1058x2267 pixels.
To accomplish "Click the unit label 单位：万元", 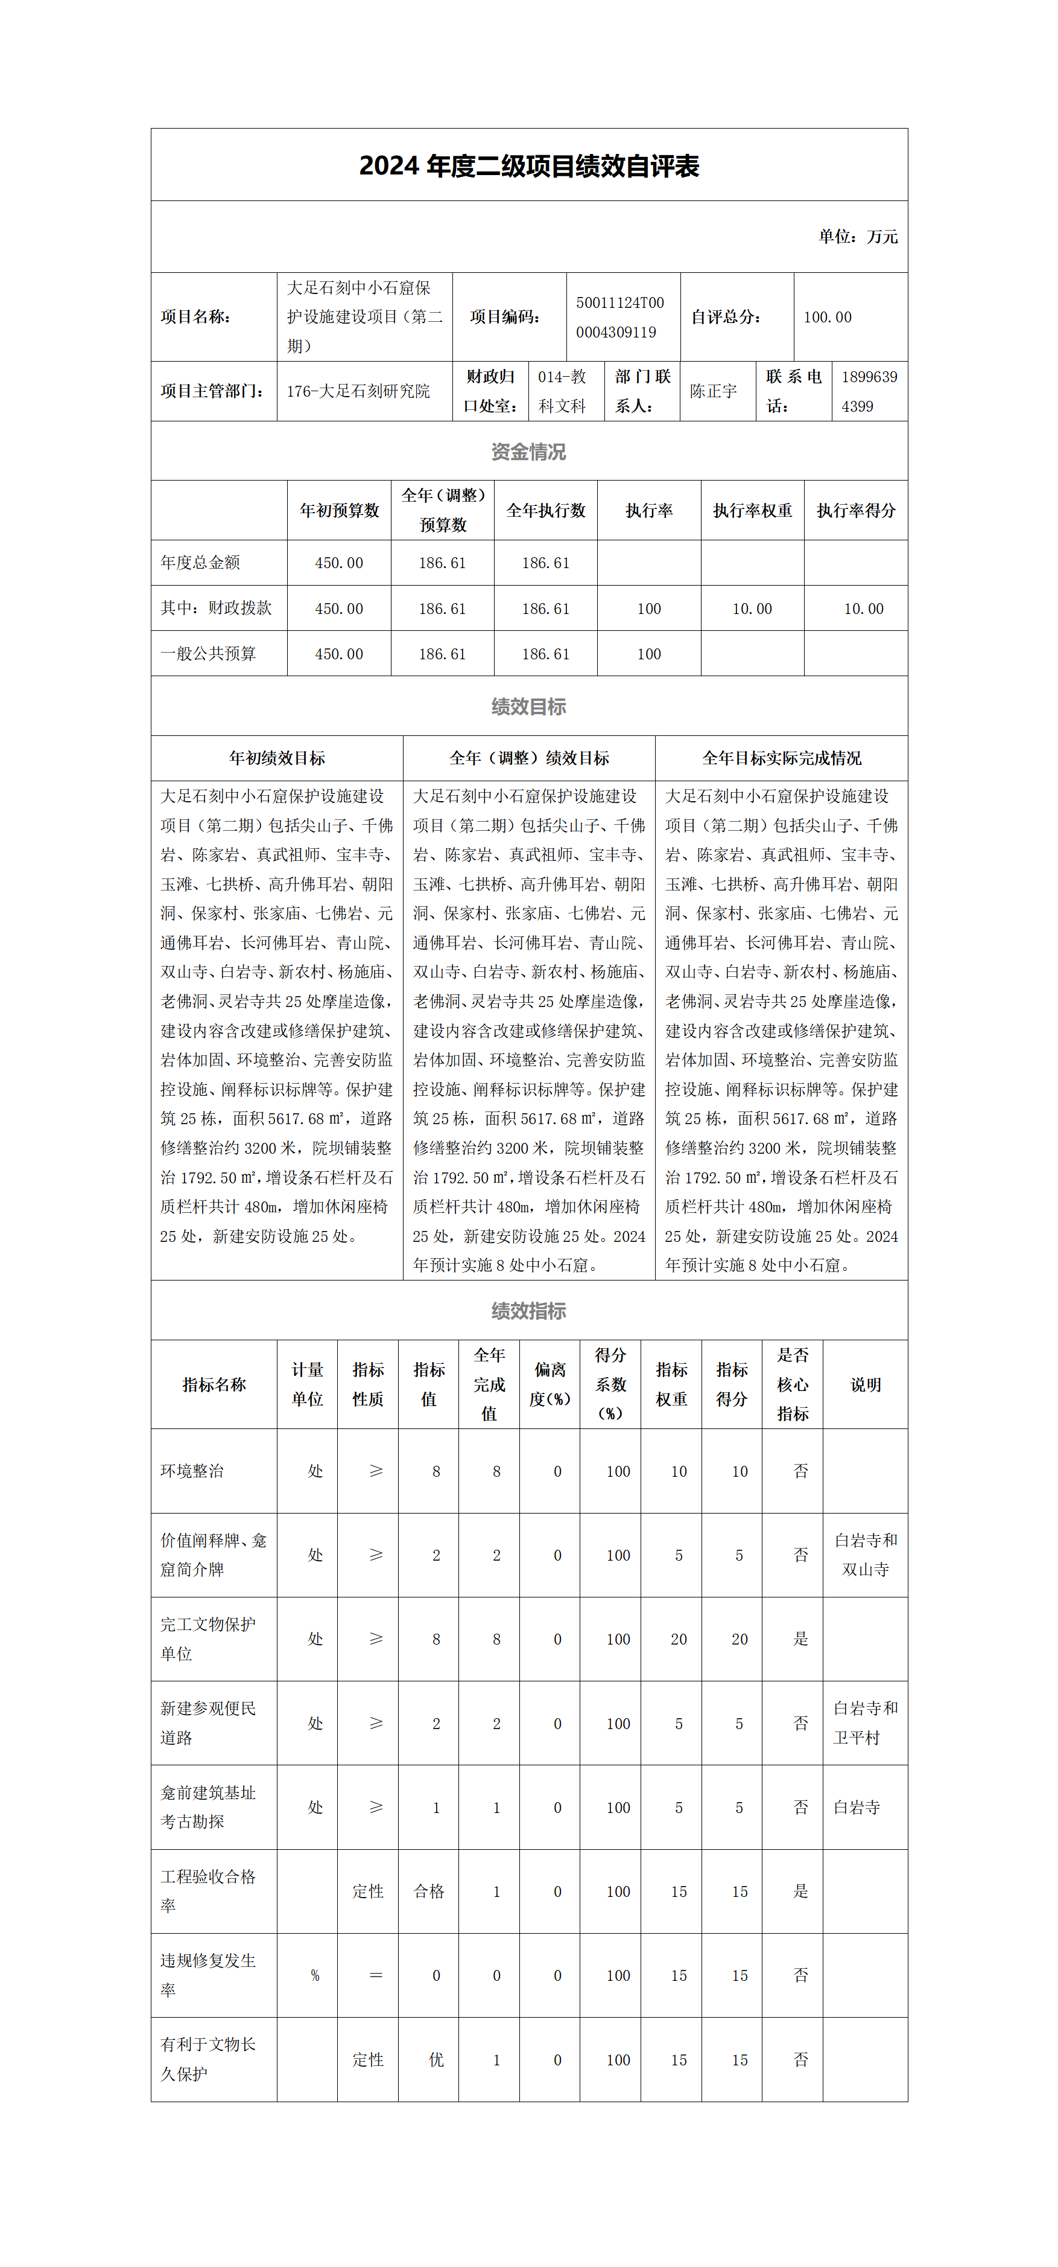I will pos(858,236).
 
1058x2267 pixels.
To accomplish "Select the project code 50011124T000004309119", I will pos(620,317).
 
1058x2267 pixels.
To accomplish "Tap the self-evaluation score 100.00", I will pos(828,317).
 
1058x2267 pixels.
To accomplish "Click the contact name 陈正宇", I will pos(713,391).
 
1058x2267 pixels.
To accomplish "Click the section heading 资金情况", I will pos(528,452).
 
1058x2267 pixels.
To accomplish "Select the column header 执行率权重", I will pos(752,510).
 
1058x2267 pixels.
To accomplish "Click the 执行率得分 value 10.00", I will pos(864,608).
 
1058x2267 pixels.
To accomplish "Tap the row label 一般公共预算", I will pos(209,654).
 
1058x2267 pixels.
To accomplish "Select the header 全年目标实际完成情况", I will pos(781,758).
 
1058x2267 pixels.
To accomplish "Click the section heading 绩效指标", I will pos(528,1310).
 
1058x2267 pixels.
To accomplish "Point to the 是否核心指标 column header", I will pos(793,1384).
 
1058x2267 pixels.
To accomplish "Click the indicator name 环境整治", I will pos(192,1471).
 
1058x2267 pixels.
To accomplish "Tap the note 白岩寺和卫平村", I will pos(866,1722).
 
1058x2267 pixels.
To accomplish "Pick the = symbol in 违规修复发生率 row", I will pos(376,1976).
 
